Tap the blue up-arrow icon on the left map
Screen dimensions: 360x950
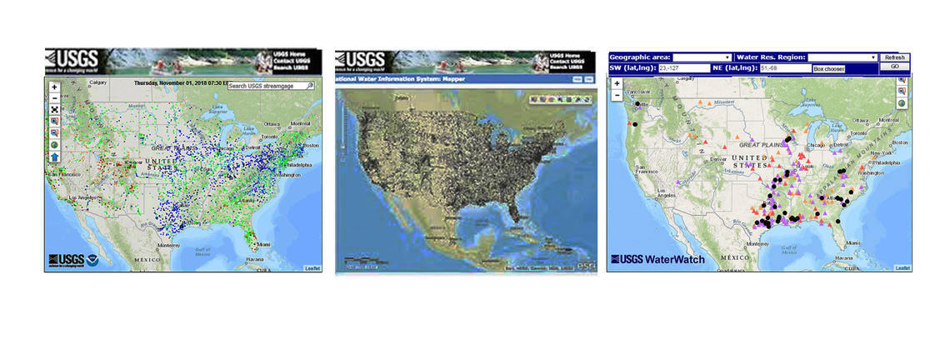coord(54,156)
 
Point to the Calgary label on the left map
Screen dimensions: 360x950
coord(99,82)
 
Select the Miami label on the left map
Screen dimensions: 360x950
coord(263,244)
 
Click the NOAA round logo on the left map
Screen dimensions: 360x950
coord(92,260)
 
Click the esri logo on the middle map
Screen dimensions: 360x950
coord(586,266)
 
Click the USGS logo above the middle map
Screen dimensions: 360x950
coord(360,60)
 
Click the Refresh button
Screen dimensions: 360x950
coord(894,57)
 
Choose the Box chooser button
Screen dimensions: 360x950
coord(829,68)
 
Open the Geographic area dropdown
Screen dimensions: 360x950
coord(702,57)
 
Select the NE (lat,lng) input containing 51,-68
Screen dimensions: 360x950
coord(784,67)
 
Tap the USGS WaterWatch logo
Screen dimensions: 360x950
coord(658,259)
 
